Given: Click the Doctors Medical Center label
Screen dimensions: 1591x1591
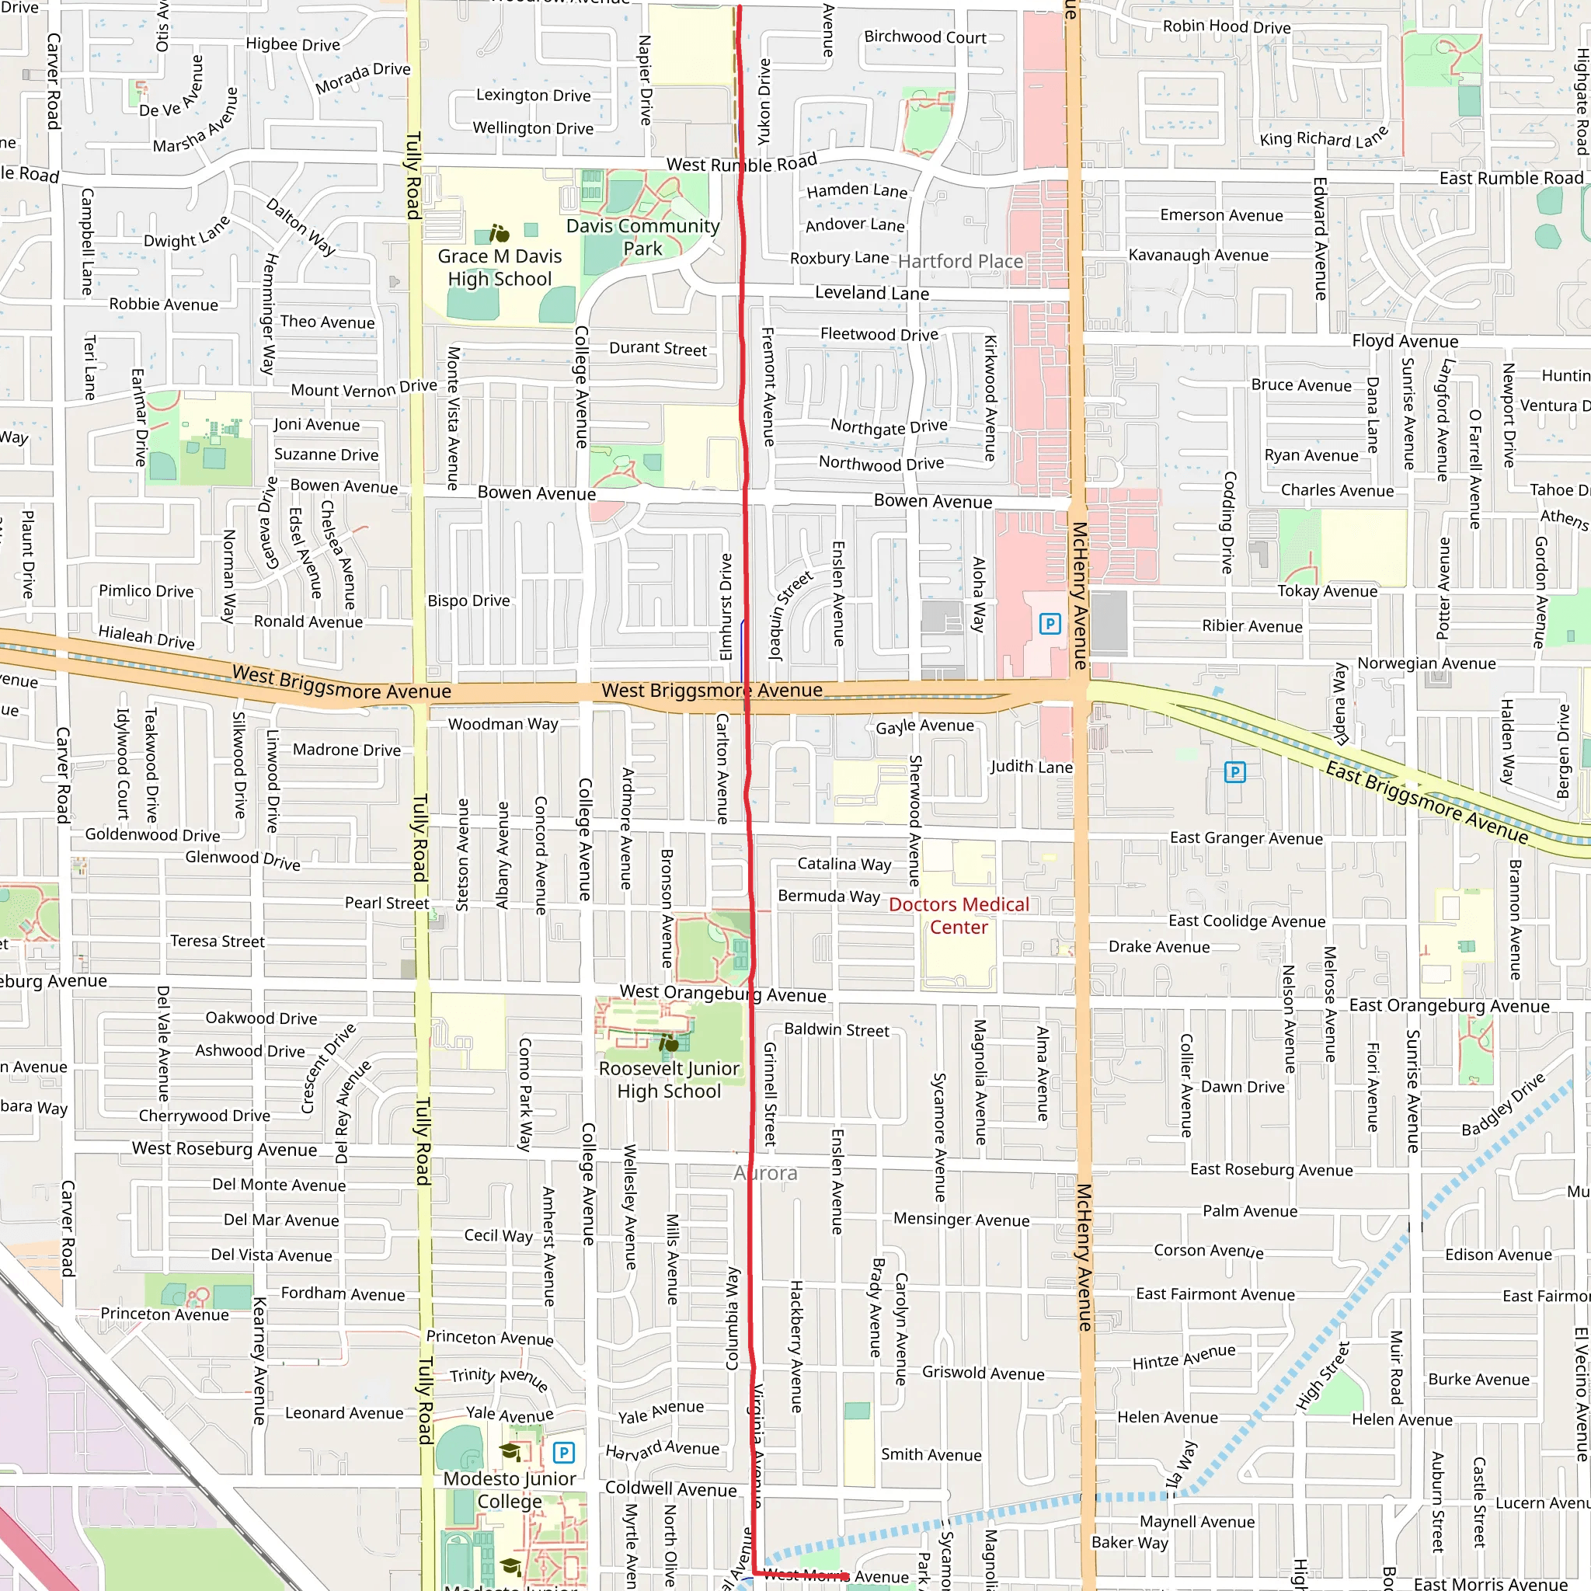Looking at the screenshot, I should (959, 916).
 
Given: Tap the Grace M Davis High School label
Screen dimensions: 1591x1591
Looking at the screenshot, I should (499, 268).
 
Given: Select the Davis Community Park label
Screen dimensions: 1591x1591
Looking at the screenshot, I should (642, 237).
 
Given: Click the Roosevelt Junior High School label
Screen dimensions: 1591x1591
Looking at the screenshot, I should (669, 1080).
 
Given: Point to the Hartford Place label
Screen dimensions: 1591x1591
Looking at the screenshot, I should (960, 262).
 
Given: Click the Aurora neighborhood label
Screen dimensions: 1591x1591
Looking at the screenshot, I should (765, 1174).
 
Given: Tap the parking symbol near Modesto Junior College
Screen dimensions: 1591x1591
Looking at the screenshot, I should (563, 1453).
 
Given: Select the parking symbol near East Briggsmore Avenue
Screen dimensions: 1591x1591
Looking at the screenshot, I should (1234, 771).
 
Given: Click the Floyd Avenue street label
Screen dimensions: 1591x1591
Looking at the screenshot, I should (1405, 341).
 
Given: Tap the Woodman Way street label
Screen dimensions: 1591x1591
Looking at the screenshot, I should (503, 724).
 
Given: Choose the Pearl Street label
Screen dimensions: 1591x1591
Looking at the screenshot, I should (386, 903).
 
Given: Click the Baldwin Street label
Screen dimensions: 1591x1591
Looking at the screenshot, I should (836, 1029).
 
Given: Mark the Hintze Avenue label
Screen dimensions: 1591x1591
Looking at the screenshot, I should (1183, 1357).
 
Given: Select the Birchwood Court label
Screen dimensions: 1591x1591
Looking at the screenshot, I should (924, 37).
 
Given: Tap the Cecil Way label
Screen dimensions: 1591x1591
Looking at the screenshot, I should (498, 1235).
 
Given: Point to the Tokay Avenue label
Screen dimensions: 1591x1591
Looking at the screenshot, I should (1327, 590).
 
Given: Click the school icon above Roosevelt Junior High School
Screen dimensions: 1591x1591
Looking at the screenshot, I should (669, 1043).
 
